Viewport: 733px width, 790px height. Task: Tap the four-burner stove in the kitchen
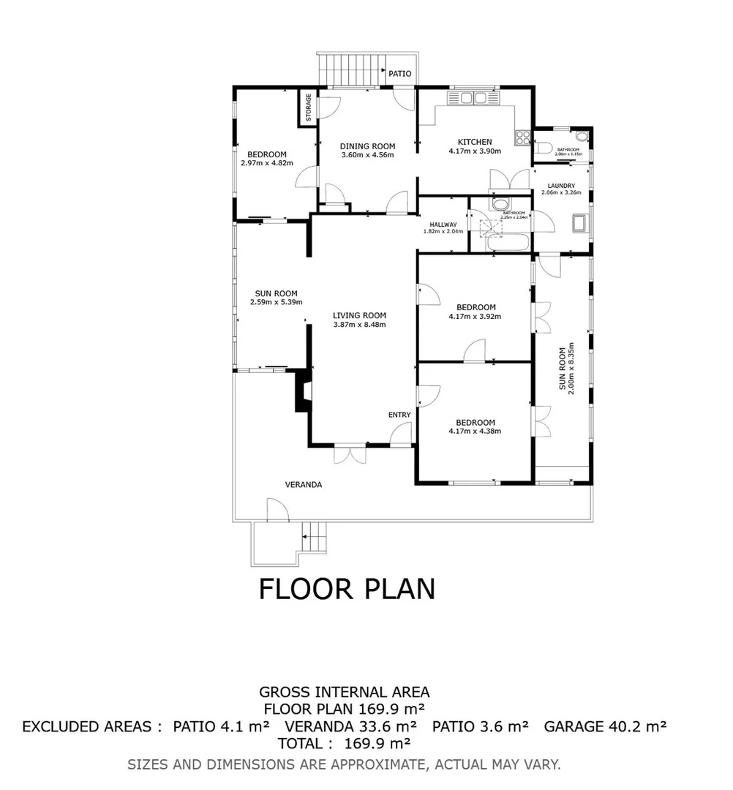[x=523, y=138]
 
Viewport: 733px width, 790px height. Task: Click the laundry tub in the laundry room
[x=579, y=223]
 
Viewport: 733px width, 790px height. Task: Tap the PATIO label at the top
[x=399, y=74]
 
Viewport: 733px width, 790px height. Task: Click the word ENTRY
[x=399, y=415]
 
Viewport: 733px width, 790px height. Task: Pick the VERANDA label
[x=304, y=484]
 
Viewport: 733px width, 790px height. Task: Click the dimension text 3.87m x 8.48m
[x=359, y=325]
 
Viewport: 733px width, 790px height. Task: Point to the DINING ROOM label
[x=367, y=146]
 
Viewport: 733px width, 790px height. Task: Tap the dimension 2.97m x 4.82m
[x=266, y=162]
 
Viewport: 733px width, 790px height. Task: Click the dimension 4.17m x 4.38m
[x=475, y=431]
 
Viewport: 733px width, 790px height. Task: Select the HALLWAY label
[x=443, y=225]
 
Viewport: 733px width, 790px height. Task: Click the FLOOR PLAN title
[x=347, y=589]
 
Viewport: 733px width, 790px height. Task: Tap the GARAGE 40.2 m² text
[x=605, y=726]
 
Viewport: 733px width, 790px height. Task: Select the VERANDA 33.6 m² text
[x=350, y=726]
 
